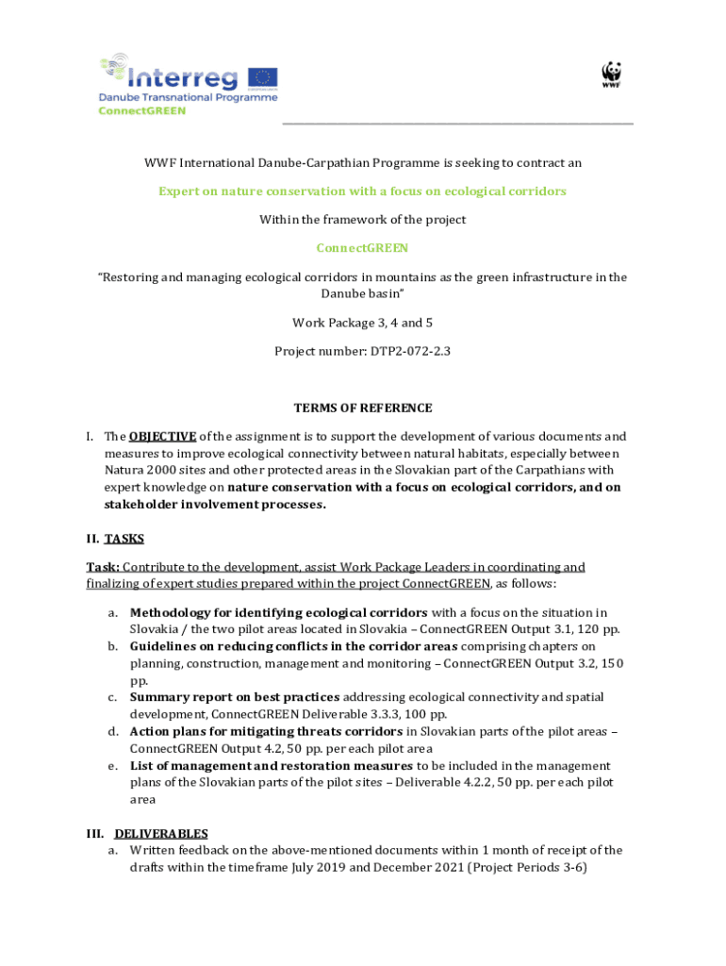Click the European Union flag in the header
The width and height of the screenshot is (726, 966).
click(x=262, y=77)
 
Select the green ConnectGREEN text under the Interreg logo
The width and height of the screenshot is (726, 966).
click(x=142, y=109)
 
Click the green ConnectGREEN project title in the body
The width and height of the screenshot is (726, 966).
click(x=362, y=248)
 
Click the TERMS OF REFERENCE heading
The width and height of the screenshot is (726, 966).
click(x=363, y=408)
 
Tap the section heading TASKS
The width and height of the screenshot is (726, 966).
click(x=124, y=539)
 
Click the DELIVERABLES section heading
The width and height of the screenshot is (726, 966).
click(x=160, y=834)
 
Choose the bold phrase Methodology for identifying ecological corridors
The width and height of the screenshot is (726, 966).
click(x=278, y=612)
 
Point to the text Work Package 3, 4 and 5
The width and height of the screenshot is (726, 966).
click(x=362, y=323)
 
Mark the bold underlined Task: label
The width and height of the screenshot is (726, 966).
click(x=102, y=567)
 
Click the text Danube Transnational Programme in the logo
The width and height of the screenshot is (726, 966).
click(x=189, y=96)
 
